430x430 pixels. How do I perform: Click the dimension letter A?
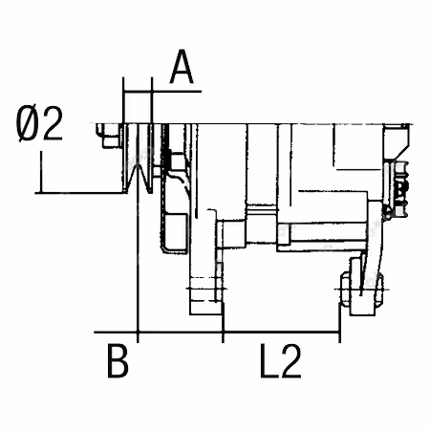click(182, 67)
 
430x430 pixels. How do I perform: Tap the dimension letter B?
click(118, 360)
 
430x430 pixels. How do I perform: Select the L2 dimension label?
click(281, 361)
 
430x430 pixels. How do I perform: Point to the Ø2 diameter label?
click(39, 123)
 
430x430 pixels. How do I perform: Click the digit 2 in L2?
click(291, 361)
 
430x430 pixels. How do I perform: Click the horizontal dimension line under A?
click(162, 92)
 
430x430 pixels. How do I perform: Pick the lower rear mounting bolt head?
click(346, 290)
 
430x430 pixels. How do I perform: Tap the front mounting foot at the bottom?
click(205, 296)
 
